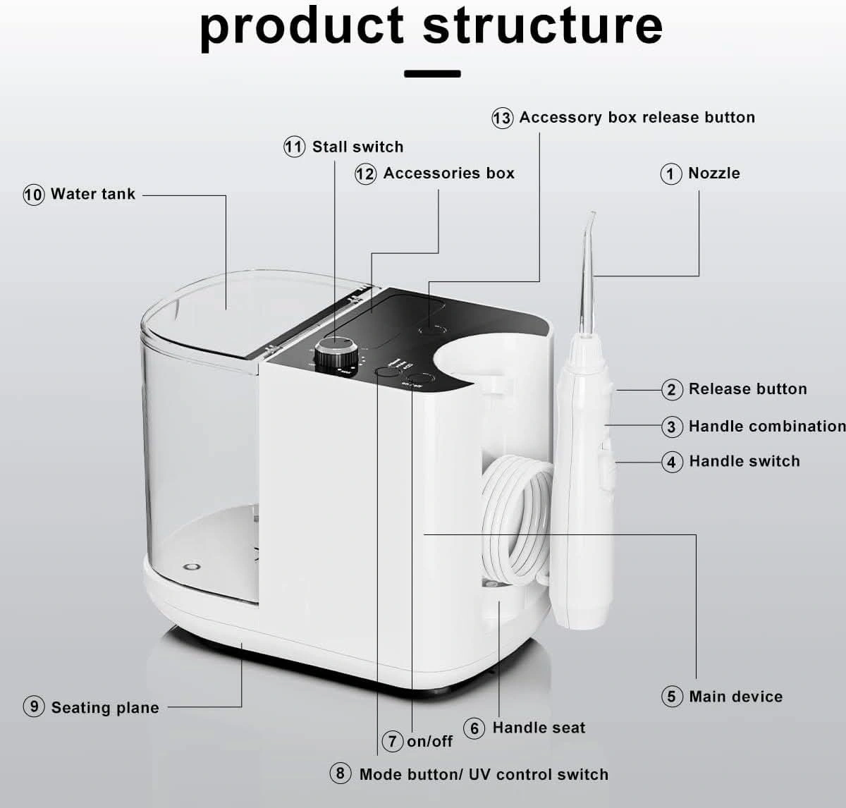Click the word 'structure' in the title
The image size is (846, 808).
pos(542,26)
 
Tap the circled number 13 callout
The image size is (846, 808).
pos(502,118)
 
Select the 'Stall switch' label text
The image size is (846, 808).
pos(357,147)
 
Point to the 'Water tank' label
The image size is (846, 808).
pos(92,194)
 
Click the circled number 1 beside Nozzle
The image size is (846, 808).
pos(670,173)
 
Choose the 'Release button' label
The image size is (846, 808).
pos(747,388)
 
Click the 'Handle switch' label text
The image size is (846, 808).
pos(744,461)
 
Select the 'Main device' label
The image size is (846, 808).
pos(735,697)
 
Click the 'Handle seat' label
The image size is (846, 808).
pos(539,728)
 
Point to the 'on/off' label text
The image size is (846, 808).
pos(429,741)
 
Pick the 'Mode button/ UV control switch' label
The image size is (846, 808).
pos(484,774)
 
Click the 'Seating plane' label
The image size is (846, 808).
pos(105,707)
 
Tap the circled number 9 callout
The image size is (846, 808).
pos(34,706)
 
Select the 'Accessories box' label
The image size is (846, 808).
pos(448,173)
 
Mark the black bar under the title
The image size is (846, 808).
pos(432,73)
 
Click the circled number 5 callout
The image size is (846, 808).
pos(672,697)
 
